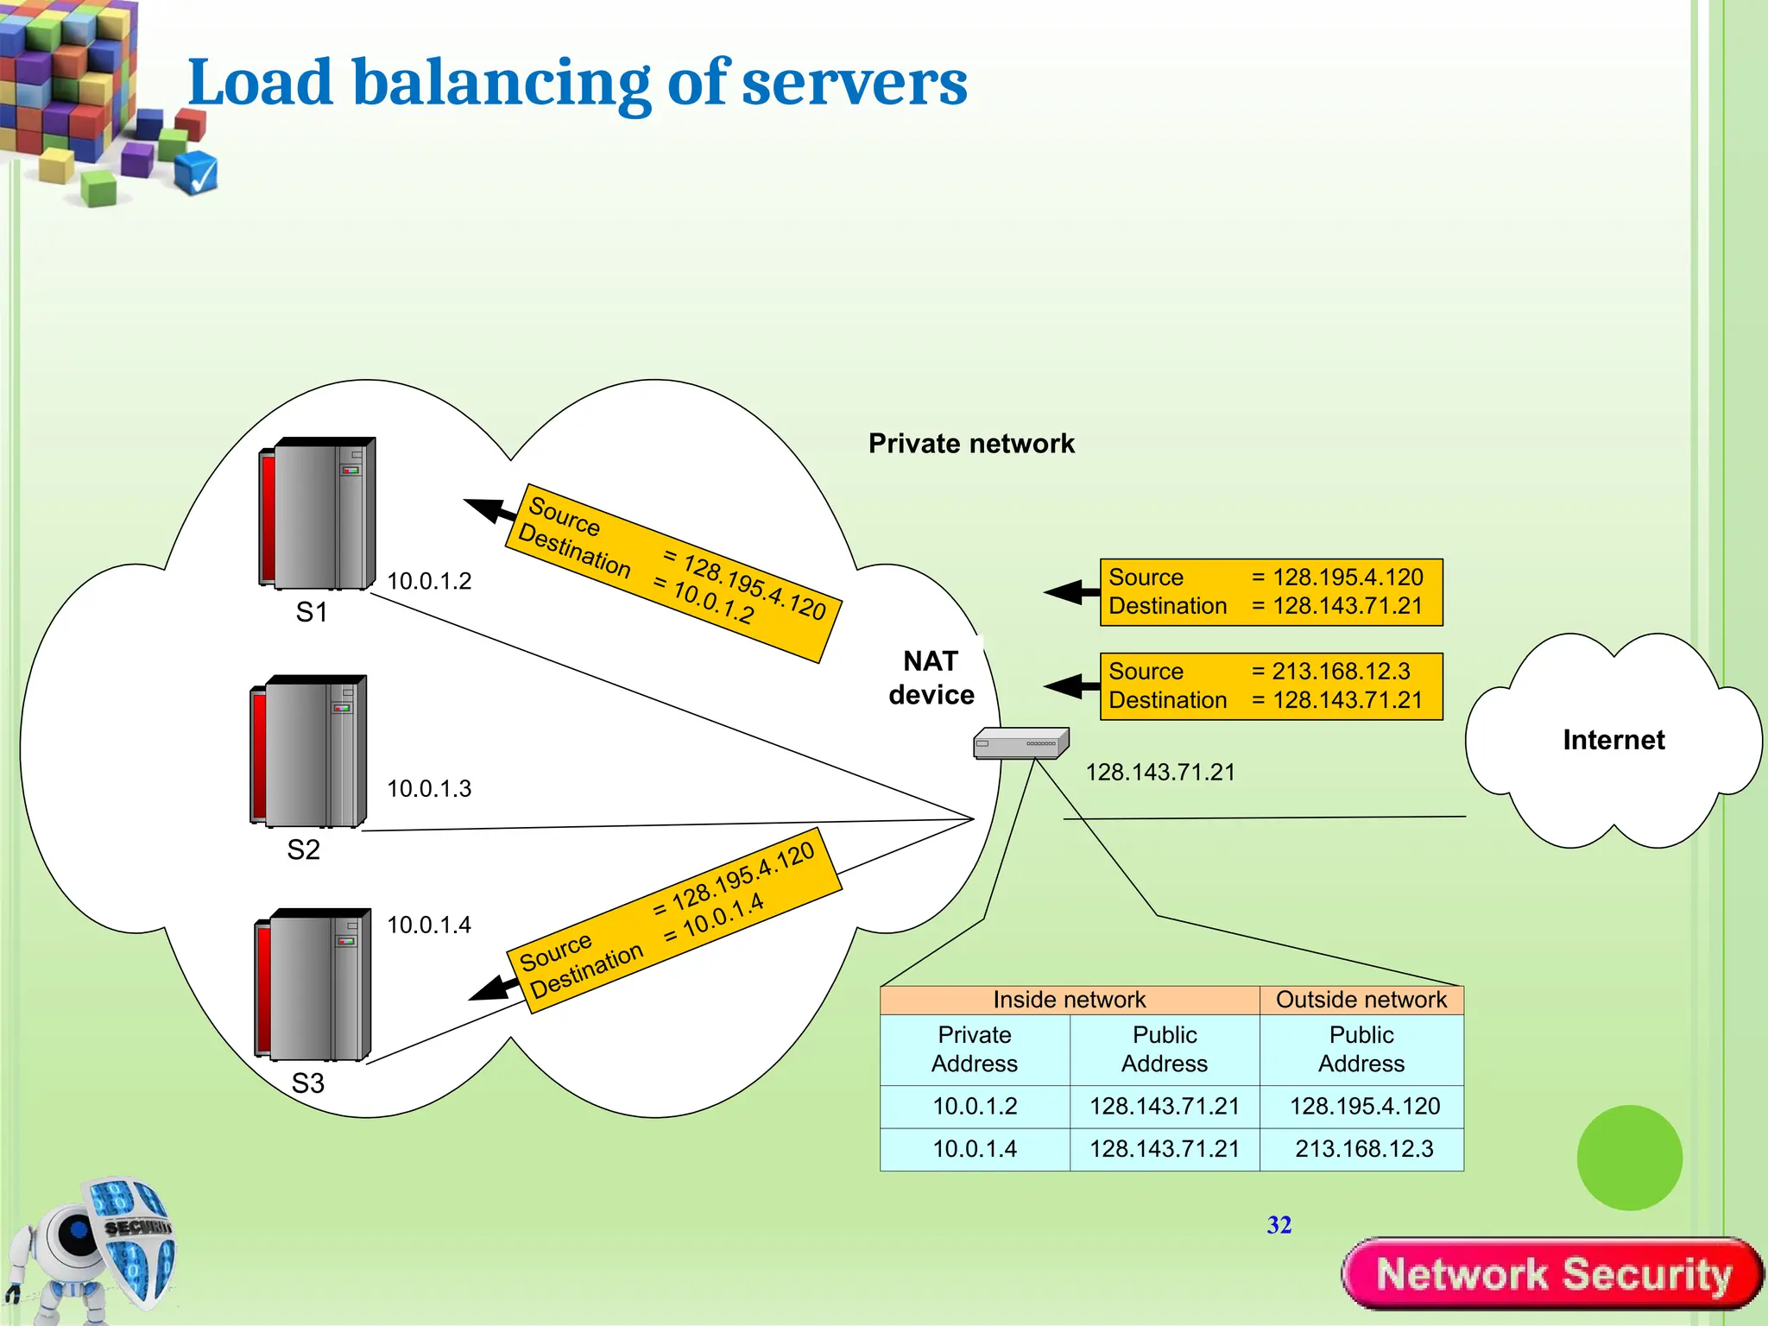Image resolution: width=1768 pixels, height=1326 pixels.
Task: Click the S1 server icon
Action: [317, 514]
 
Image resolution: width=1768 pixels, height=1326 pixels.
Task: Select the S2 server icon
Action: [308, 751]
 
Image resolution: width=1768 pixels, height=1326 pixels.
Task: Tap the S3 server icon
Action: [313, 984]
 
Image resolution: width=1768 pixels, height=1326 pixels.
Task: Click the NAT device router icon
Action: [1020, 743]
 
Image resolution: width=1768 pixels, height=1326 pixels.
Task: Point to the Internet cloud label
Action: [1613, 740]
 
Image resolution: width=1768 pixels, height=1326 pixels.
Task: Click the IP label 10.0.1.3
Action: [429, 788]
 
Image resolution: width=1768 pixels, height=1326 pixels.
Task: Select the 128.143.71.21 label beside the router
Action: [1159, 772]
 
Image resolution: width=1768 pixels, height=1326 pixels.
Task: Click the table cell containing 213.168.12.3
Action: [1363, 1149]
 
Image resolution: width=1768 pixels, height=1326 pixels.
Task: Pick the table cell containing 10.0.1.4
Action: [975, 1149]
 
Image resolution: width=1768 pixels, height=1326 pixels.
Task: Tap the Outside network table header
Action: [1361, 1000]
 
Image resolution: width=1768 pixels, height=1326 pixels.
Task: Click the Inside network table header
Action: [1069, 1000]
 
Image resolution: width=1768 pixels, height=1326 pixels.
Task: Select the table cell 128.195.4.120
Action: [1364, 1106]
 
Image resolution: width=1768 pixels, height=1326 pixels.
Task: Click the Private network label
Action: [971, 444]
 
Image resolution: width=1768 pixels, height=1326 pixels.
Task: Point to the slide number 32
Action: [1279, 1225]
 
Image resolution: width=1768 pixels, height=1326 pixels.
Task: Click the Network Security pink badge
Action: [1552, 1274]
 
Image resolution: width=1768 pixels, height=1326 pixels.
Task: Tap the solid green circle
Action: [1629, 1158]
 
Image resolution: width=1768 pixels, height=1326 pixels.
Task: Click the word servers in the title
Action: [854, 83]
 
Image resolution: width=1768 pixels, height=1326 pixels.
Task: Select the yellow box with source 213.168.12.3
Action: [1271, 686]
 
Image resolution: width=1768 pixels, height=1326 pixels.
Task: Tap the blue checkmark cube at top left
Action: [196, 172]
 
